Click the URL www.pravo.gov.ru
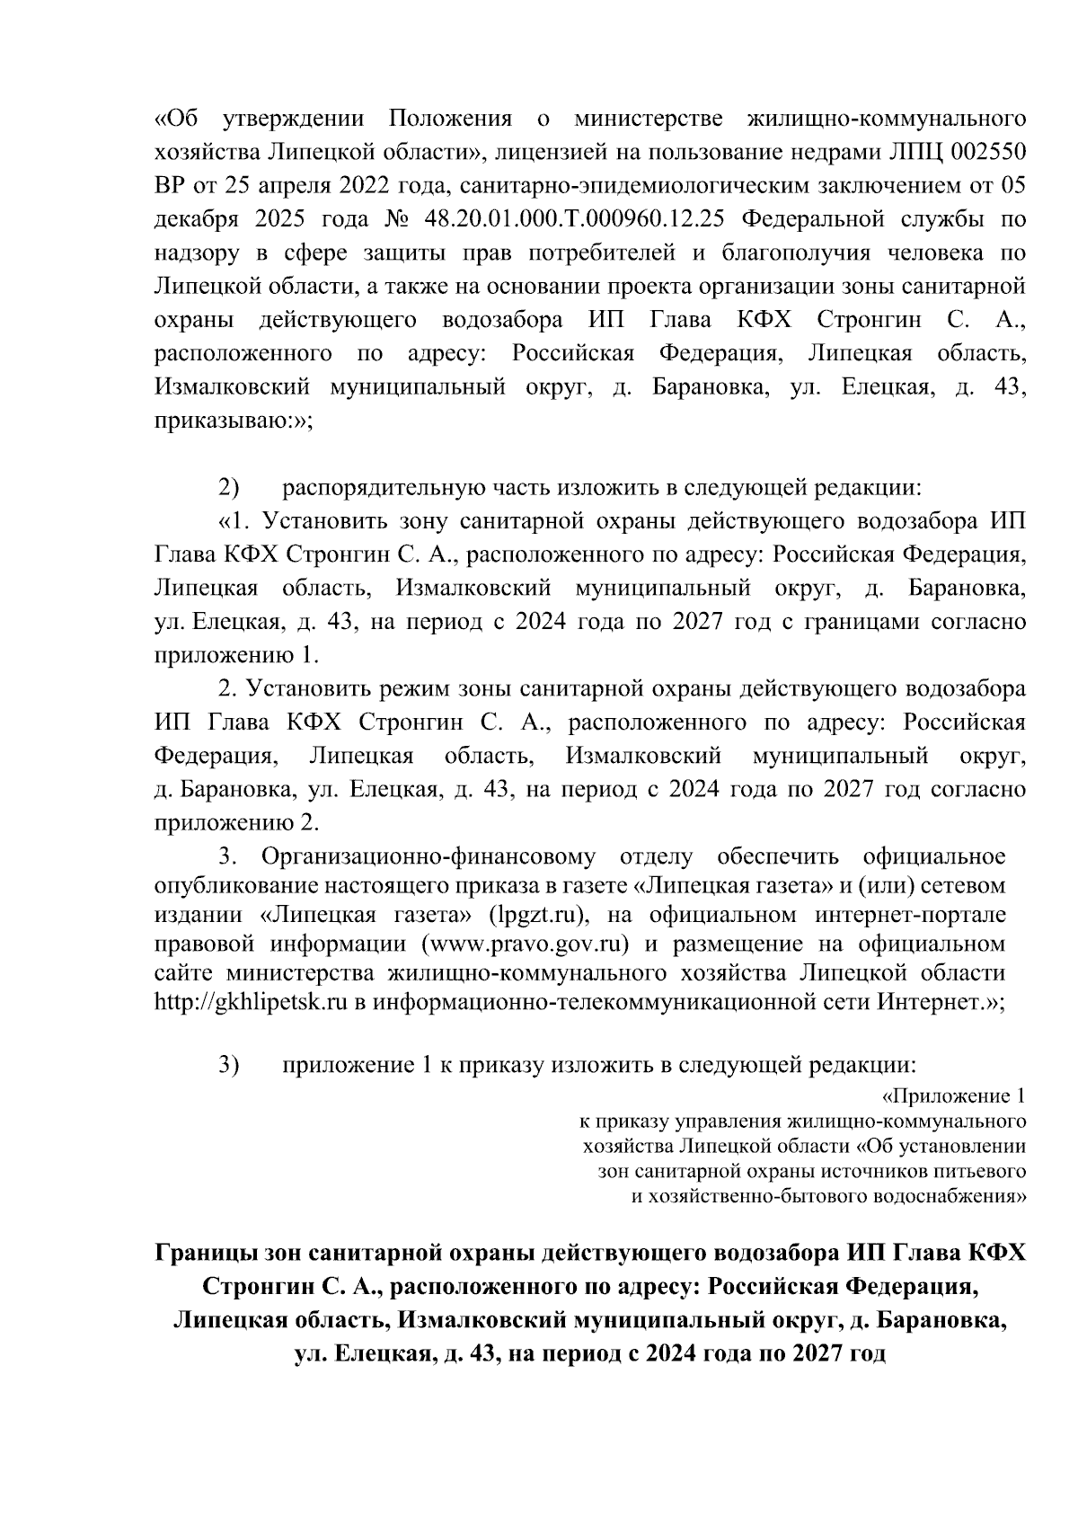(x=529, y=944)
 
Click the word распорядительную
(x=384, y=488)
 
